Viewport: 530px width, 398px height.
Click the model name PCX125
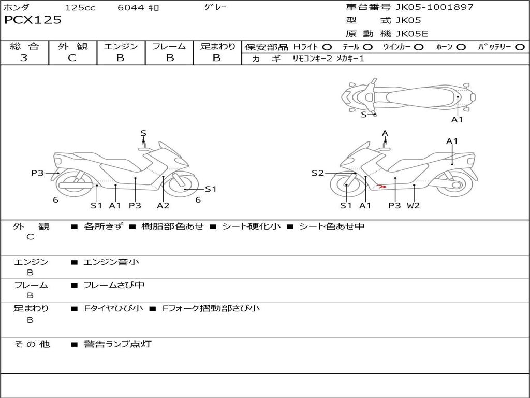click(x=33, y=20)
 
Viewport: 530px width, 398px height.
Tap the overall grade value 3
click(x=24, y=58)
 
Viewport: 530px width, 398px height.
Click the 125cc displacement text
click(x=80, y=8)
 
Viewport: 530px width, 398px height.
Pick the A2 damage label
click(x=163, y=205)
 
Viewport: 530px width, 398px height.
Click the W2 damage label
click(x=413, y=205)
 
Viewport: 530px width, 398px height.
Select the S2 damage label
click(x=317, y=173)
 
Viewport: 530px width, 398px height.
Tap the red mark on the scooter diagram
click(x=382, y=186)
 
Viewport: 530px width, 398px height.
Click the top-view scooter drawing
click(x=408, y=96)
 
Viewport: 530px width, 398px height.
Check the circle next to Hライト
click(x=327, y=47)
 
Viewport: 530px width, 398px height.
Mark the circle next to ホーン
click(x=461, y=47)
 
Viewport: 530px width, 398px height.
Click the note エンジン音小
click(x=111, y=262)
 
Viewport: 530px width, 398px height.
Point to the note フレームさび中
click(x=114, y=285)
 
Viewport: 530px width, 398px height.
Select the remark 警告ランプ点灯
click(x=117, y=344)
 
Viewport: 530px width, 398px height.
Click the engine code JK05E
click(x=411, y=34)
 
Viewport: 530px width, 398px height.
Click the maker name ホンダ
click(x=17, y=8)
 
